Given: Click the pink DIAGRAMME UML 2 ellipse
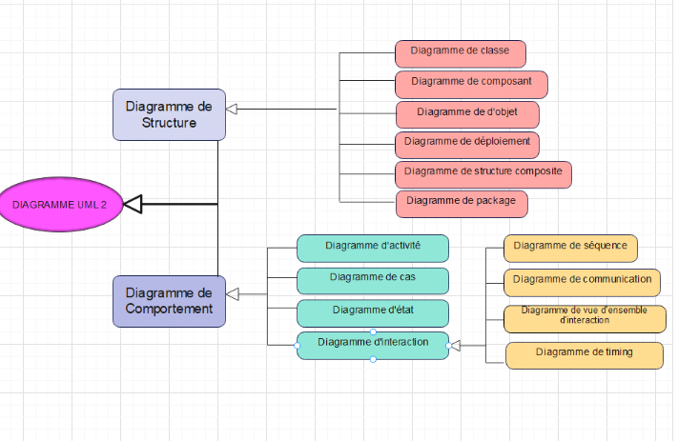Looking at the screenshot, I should pyautogui.click(x=60, y=204).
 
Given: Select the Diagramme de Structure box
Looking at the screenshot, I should pyautogui.click(x=169, y=114).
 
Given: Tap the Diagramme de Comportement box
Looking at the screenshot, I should pyautogui.click(x=169, y=301).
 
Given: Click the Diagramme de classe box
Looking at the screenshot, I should pyautogui.click(x=460, y=52).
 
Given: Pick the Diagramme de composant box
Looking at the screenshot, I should pyautogui.click(x=471, y=84).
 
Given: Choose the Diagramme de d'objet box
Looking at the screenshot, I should pyautogui.click(x=467, y=114).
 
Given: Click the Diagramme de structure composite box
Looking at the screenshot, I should pyautogui.click(x=483, y=173).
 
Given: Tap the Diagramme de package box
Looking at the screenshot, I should pyautogui.click(x=462, y=203).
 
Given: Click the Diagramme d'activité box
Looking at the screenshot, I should pyautogui.click(x=372, y=248).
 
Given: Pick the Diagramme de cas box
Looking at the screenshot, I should pyautogui.click(x=372, y=279).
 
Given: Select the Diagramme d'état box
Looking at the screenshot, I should pyautogui.click(x=372, y=312).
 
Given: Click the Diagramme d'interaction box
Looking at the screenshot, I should pyautogui.click(x=372, y=344).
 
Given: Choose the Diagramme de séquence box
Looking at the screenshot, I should pyautogui.click(x=570, y=248).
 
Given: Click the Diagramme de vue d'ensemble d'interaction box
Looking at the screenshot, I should pyautogui.click(x=584, y=317).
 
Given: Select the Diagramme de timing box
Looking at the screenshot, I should pyautogui.click(x=584, y=354).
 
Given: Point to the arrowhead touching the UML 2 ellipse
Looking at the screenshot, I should pyautogui.click(x=134, y=204).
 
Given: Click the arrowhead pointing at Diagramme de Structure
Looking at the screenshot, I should pyautogui.click(x=233, y=110).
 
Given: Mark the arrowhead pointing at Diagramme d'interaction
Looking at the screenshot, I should pyautogui.click(x=456, y=345).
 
